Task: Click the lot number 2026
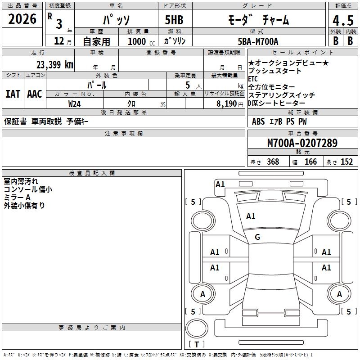(22, 20)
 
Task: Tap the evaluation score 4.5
(343, 21)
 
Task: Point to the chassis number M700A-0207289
(302, 143)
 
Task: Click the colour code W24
(75, 103)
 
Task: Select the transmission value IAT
(13, 94)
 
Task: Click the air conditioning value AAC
(35, 94)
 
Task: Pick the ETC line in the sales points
(253, 79)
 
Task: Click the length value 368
(273, 162)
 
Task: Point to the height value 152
(346, 162)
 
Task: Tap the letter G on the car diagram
(257, 237)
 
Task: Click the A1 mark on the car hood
(251, 216)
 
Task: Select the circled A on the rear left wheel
(202, 294)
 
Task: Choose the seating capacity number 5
(187, 85)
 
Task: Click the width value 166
(310, 162)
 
